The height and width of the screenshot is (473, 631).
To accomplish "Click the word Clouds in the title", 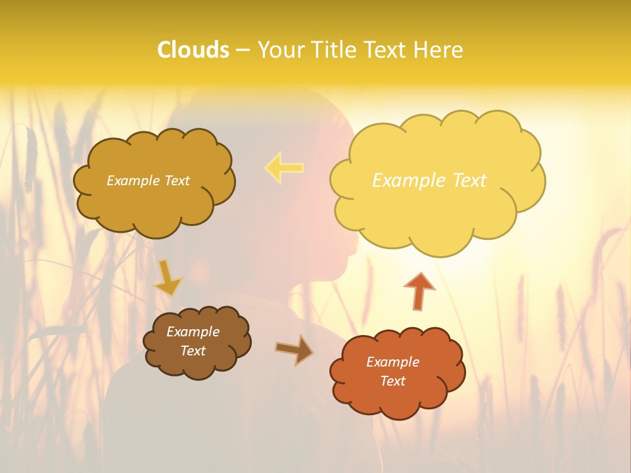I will pos(193,50).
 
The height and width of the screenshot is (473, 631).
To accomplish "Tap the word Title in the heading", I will pos(333,50).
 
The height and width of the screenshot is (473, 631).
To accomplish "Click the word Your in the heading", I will pos(281,50).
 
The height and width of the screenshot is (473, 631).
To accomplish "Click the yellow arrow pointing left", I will pos(284,168).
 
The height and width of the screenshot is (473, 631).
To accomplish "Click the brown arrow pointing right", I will pos(293,350).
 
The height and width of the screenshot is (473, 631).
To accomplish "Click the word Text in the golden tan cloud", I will pos(175,181).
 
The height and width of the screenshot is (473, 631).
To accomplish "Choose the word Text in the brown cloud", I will pos(193,351).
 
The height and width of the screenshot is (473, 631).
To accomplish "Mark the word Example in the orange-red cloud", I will pos(392,362).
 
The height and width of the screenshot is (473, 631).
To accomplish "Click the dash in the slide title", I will pos(243,50).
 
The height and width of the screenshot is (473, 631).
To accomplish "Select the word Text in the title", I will pos(386,50).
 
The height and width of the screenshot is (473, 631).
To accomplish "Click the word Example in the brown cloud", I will pos(193,332).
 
